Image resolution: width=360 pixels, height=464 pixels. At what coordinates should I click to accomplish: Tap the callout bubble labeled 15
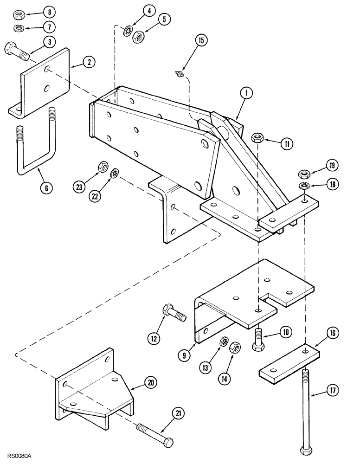point(200,41)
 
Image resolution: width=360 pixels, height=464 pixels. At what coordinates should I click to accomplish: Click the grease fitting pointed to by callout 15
point(179,73)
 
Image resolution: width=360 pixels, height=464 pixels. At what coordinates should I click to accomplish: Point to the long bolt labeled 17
point(306,408)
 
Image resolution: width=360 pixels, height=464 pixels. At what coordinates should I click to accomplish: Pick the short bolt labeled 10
point(258,337)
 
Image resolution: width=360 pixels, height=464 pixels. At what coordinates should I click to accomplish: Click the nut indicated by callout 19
point(303,174)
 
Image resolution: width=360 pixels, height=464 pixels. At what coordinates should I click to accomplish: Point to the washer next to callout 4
point(127,32)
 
